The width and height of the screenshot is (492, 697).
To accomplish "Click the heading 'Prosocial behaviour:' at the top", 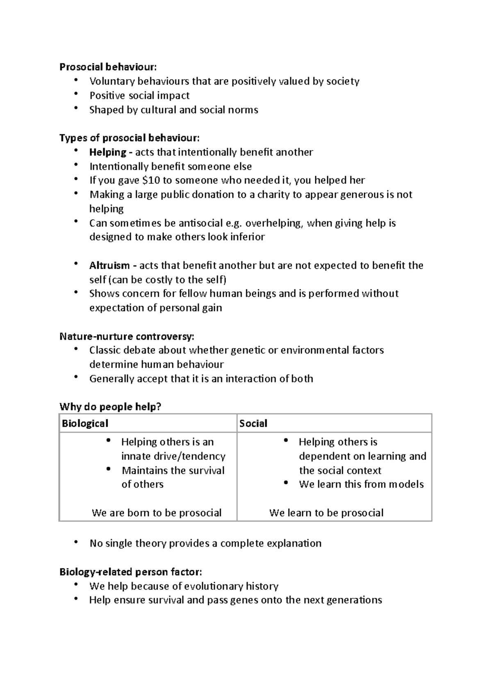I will coord(108,67).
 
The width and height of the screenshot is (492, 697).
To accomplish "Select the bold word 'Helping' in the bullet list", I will coord(107,152).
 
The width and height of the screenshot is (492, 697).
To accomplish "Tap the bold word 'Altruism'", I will coord(109,266).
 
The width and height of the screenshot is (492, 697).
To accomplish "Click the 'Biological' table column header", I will coord(85,424).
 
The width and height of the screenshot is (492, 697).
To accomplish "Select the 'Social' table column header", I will coord(253,424).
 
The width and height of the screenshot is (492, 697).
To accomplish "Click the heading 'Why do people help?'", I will coord(110,407).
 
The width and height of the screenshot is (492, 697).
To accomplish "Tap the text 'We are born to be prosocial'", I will coord(157,513).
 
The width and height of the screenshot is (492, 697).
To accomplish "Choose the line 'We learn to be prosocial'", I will coord(326,513).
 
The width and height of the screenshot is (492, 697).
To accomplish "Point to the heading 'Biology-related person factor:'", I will coord(130,572).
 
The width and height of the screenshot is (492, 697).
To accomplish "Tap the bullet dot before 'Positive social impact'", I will coord(76,94).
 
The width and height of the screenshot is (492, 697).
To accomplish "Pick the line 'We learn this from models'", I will coord(361,484).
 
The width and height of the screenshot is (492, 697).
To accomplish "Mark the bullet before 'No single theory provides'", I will coord(76,542).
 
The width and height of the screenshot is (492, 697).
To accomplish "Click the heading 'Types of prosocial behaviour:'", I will coord(130,138).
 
